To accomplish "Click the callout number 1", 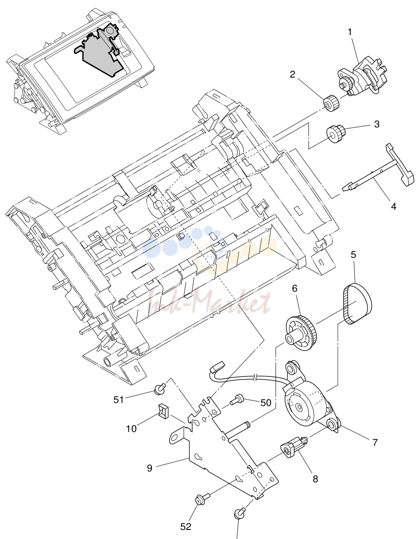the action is click(350, 32).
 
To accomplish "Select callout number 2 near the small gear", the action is click(292, 75).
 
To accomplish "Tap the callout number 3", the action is click(377, 124).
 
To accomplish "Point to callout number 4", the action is click(394, 206).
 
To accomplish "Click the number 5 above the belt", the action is click(354, 254).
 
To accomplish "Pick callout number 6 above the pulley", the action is click(295, 289).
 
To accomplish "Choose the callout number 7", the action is click(375, 442).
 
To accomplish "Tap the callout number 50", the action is click(266, 403).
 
